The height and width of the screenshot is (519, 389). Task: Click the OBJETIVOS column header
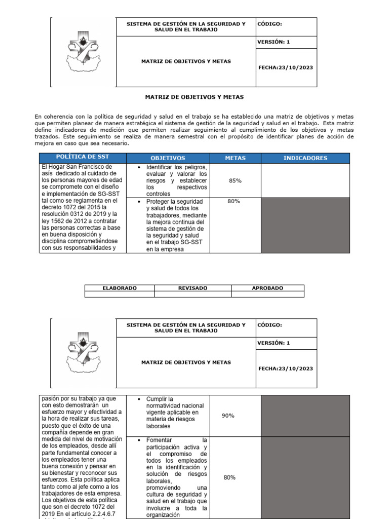(x=168, y=158)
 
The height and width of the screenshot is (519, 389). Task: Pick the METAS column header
(x=235, y=158)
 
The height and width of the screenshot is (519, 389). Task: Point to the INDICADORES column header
(x=305, y=158)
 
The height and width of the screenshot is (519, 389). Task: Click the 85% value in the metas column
(x=235, y=181)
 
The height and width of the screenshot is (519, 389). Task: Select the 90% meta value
(x=228, y=416)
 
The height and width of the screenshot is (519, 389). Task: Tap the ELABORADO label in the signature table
(x=120, y=288)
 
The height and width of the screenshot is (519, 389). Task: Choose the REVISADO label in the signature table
(x=192, y=288)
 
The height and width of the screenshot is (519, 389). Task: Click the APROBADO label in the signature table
(x=267, y=288)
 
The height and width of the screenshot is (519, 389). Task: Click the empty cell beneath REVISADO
(x=192, y=294)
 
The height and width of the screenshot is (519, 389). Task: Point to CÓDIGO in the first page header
(x=269, y=24)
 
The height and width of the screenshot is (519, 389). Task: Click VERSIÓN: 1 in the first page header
(x=274, y=42)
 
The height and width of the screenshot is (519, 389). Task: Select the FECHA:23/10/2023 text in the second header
(x=286, y=368)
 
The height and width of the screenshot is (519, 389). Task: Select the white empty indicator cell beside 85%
(x=305, y=180)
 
